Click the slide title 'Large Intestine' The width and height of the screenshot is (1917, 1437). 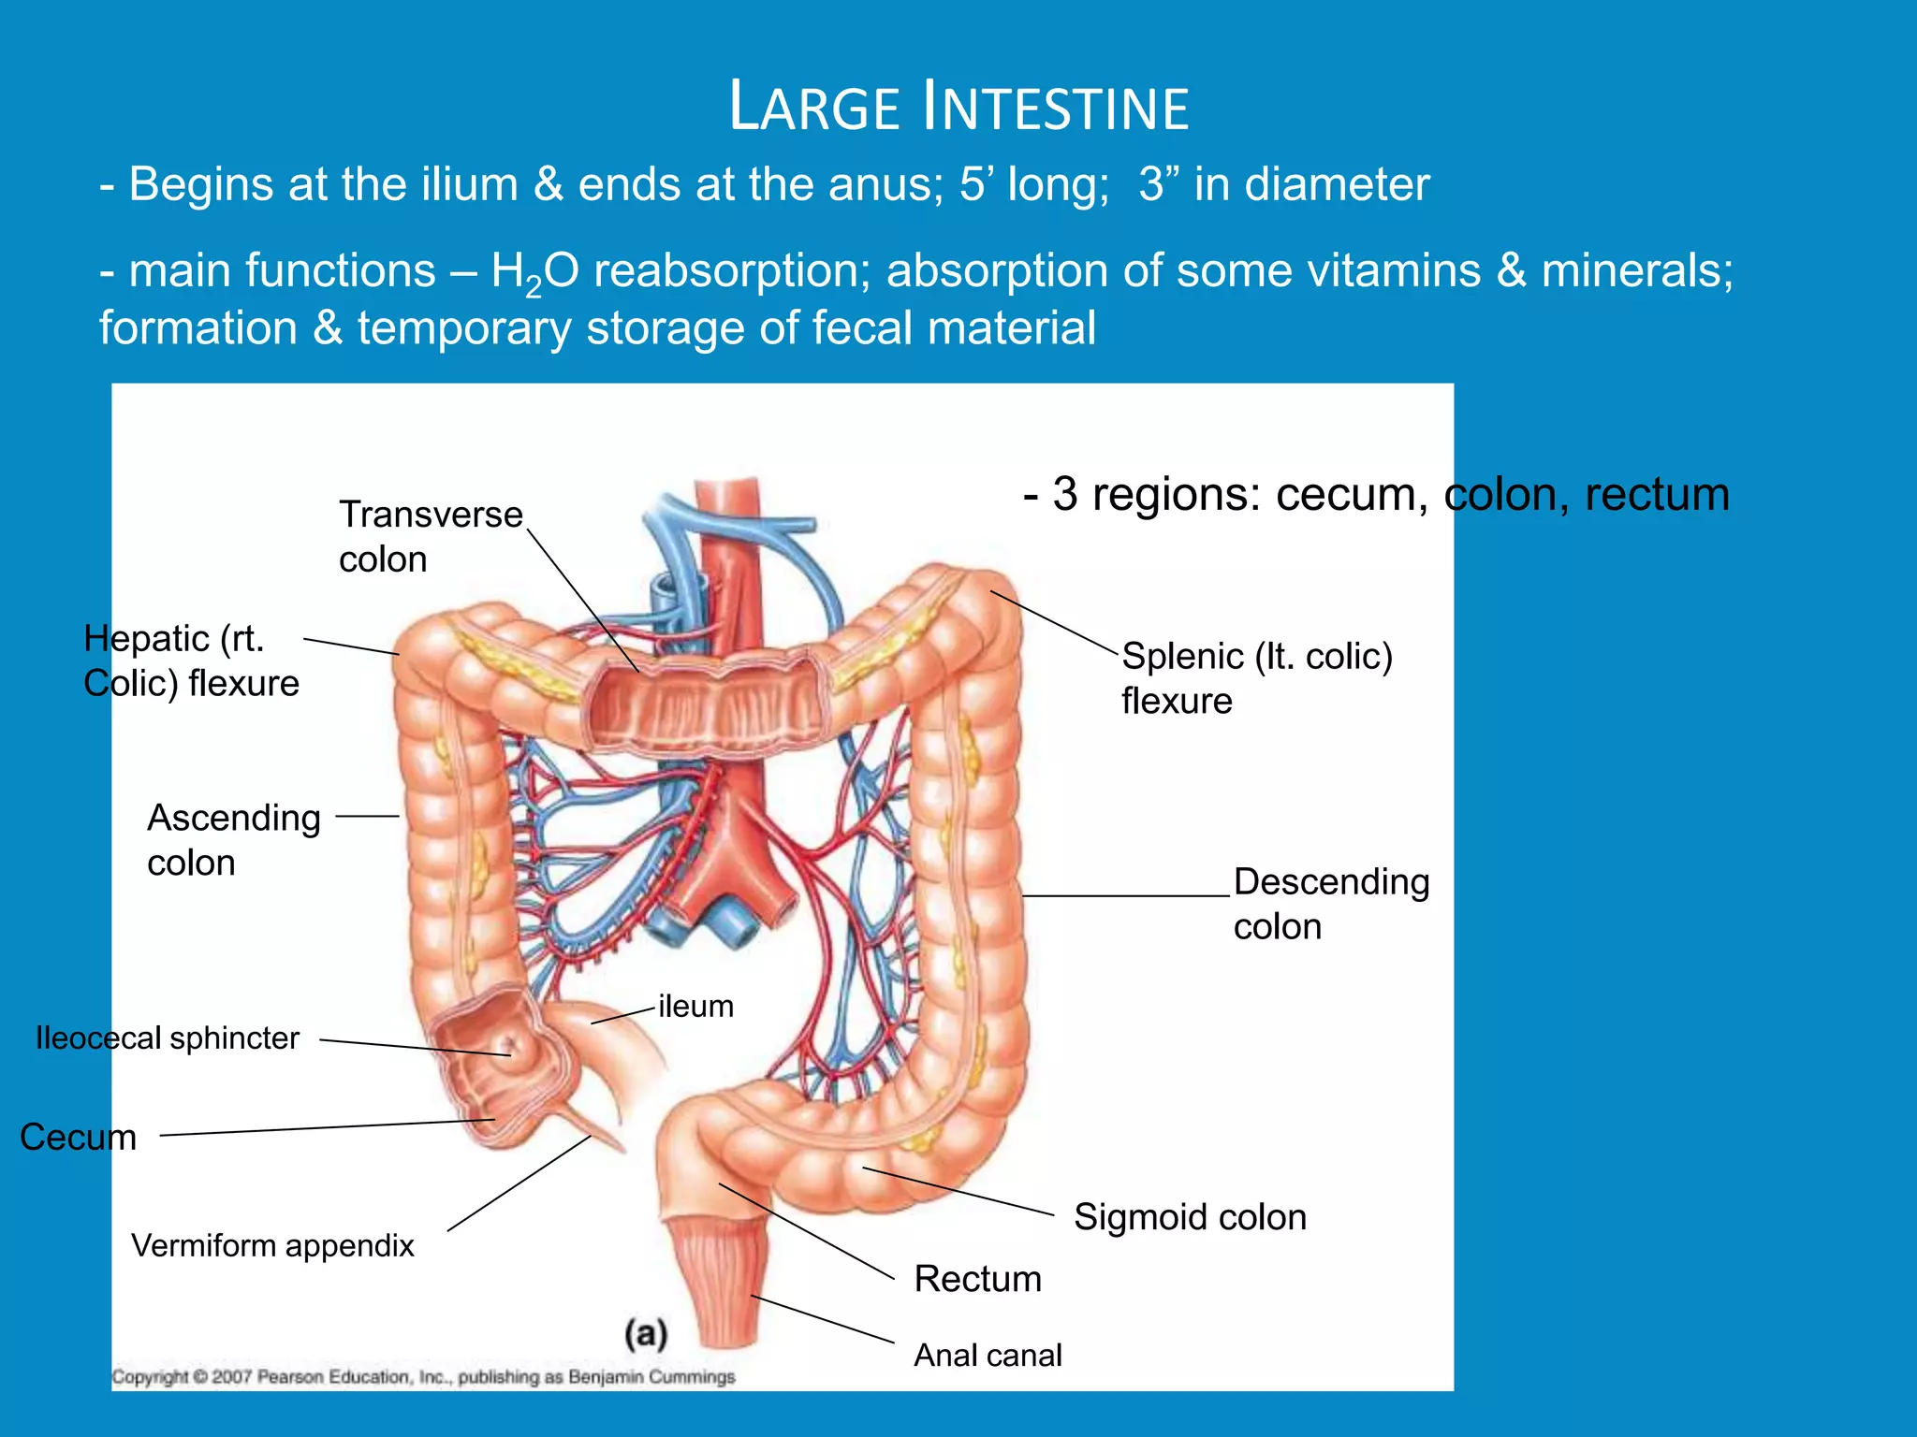[x=958, y=106]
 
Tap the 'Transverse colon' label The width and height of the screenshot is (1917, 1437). [x=430, y=537]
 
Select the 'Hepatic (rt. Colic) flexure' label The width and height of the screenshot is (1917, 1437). [x=190, y=660]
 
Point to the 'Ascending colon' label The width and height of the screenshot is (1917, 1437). [x=233, y=839]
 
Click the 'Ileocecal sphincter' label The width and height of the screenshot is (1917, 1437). [x=168, y=1038]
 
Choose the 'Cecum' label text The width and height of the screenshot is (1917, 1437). [x=78, y=1137]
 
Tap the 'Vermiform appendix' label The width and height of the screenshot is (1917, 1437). [x=272, y=1245]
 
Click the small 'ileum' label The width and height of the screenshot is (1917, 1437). [x=695, y=1006]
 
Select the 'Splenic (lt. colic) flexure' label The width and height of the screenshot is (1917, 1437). [x=1256, y=677]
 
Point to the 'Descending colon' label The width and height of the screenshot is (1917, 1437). [x=1330, y=904]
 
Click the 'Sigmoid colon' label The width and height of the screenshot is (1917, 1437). [x=1190, y=1216]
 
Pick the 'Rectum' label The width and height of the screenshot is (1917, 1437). [x=977, y=1278]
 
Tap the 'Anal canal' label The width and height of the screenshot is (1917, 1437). [x=988, y=1355]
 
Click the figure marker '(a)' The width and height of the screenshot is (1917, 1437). [x=646, y=1333]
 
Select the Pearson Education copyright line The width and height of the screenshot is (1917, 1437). [x=423, y=1376]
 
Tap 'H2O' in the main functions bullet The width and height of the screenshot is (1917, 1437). [x=534, y=272]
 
